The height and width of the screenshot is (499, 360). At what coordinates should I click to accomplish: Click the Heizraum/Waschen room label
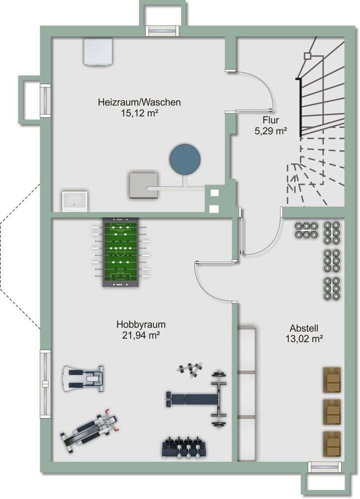point(139,102)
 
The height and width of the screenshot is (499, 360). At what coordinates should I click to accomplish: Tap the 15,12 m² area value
point(140,113)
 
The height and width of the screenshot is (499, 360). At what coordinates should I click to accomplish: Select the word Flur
point(271,120)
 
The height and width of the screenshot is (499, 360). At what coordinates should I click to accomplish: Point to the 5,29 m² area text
point(271,130)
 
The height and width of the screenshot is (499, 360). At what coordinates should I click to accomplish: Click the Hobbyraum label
point(141,325)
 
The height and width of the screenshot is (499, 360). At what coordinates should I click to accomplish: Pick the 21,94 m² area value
point(141,335)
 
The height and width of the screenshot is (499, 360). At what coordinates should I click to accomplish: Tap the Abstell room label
point(304,328)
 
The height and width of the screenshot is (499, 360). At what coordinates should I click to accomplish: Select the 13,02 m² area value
point(304,339)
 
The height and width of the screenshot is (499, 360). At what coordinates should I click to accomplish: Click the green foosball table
point(120,252)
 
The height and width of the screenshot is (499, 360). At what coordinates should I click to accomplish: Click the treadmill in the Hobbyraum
point(83,378)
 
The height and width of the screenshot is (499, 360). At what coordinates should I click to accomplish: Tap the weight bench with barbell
point(197,398)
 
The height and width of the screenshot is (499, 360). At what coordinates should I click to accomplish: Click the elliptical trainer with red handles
point(90,430)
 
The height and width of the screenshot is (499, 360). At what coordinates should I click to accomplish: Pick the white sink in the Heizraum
point(74,201)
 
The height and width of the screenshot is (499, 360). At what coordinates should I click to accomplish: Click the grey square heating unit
point(144,186)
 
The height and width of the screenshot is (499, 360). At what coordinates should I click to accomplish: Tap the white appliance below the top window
point(98,52)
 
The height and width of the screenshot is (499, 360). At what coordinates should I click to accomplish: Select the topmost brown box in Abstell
point(332,380)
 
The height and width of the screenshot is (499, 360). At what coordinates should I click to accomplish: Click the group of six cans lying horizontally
point(306,230)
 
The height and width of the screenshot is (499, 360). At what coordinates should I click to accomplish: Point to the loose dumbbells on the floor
point(190,370)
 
